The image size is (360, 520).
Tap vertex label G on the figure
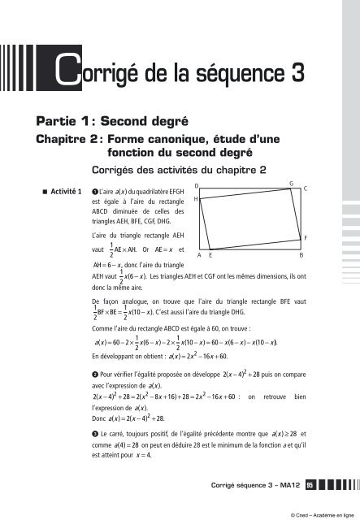[x=291, y=184]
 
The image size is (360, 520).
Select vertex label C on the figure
[x=304, y=188]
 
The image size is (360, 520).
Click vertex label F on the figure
[x=304, y=236]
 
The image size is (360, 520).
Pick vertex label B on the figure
[x=301, y=254]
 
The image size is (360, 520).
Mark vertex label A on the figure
[x=199, y=254]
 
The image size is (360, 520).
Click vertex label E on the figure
[x=210, y=254]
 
